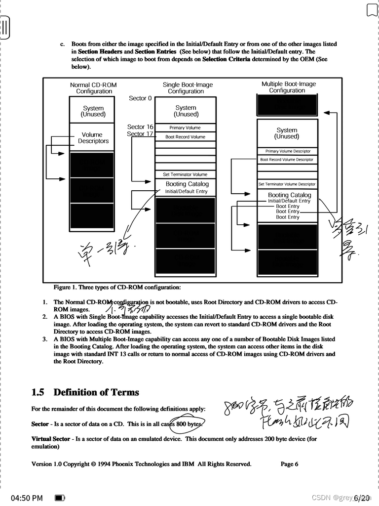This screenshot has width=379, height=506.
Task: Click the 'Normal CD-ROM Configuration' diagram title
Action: (x=93, y=88)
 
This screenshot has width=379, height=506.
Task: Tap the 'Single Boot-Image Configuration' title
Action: (x=188, y=88)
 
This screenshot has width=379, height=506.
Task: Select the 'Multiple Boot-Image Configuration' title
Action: (x=288, y=87)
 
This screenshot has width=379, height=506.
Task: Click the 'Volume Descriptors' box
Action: (x=93, y=137)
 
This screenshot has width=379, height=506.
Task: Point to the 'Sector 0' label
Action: (x=141, y=98)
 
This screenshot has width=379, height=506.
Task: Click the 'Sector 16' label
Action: (x=140, y=127)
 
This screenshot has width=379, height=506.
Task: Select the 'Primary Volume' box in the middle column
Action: (x=185, y=128)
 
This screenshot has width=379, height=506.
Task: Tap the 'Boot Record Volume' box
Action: (x=185, y=137)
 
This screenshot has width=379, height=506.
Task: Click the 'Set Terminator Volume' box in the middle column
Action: (x=185, y=174)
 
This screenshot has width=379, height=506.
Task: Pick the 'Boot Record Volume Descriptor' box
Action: (x=287, y=160)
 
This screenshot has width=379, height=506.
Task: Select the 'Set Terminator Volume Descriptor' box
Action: (x=287, y=184)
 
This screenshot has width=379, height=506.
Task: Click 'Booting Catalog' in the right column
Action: (x=289, y=195)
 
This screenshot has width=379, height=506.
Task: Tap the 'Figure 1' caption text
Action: (x=117, y=287)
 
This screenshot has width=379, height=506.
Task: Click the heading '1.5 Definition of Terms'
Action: (x=85, y=392)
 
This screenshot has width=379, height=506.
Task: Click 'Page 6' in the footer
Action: (x=289, y=464)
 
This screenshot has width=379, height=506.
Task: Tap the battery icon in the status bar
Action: (x=60, y=498)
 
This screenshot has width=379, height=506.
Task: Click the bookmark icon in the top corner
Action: (x=372, y=10)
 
